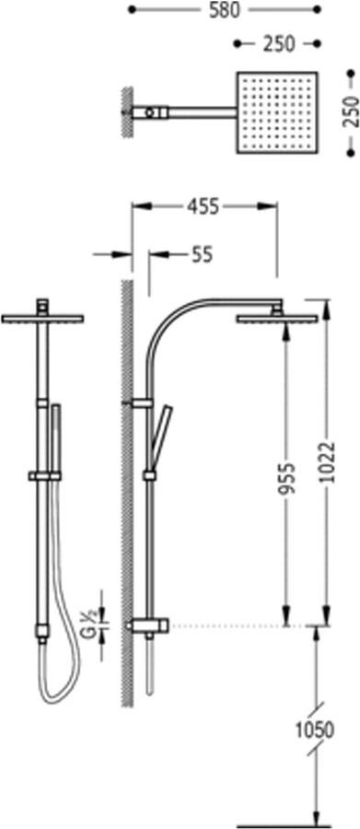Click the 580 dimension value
pyautogui.click(x=223, y=10)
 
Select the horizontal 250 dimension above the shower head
pyautogui.click(x=279, y=44)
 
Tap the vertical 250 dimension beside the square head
pyautogui.click(x=351, y=111)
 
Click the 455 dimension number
pyautogui.click(x=202, y=207)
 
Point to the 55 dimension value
pyautogui.click(x=202, y=255)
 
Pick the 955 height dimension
pyautogui.click(x=286, y=478)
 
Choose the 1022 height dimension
pyautogui.click(x=329, y=461)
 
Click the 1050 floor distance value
pyautogui.click(x=315, y=730)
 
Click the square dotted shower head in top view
pyautogui.click(x=277, y=112)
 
